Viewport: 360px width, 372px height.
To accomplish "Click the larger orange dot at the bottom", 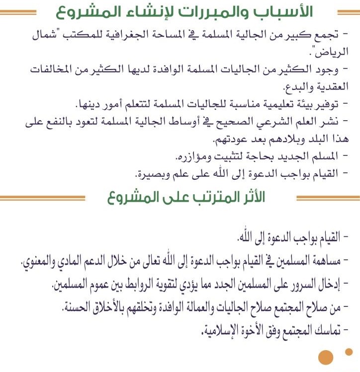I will [x=326, y=357].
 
